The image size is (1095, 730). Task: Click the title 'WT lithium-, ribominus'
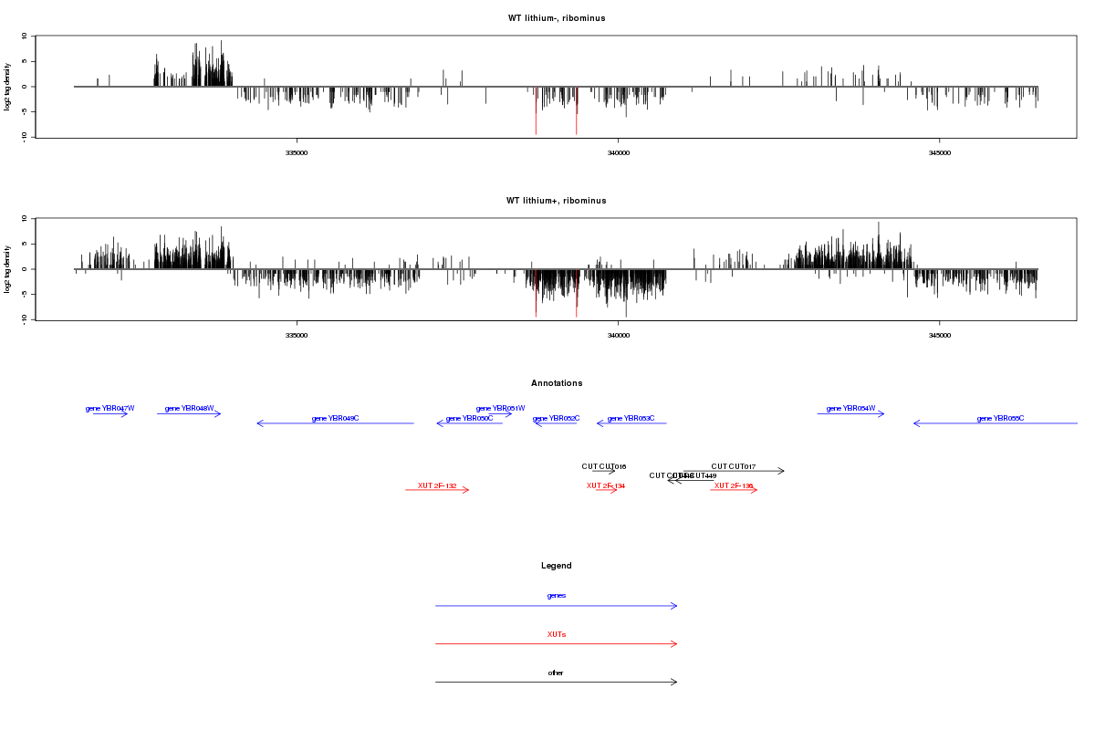[556, 18]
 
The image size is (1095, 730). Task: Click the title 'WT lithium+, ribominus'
[556, 201]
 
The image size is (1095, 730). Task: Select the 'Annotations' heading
[557, 383]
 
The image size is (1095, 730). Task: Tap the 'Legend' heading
[557, 566]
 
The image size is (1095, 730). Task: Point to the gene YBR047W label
[109, 408]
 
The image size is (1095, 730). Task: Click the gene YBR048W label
[189, 408]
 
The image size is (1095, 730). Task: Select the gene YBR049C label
[335, 418]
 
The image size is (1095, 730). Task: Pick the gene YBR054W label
[850, 408]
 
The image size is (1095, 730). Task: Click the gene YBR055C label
[1000, 418]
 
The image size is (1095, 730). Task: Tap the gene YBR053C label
[631, 418]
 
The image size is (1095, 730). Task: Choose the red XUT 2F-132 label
[437, 485]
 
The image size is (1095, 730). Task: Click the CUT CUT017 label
[734, 466]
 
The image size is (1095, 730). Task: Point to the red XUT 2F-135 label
[734, 485]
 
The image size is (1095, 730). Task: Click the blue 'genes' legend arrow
[556, 605]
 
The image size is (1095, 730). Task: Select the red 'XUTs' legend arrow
[556, 643]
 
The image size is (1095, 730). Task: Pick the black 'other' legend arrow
[556, 682]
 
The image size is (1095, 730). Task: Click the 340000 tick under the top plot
[618, 152]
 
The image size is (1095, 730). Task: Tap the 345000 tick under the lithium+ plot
[940, 335]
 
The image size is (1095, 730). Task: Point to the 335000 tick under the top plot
[297, 152]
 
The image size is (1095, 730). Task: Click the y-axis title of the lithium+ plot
[8, 269]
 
